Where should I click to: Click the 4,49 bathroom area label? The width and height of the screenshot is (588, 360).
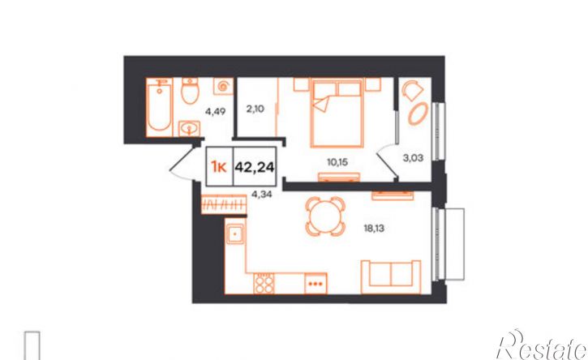tap(215, 111)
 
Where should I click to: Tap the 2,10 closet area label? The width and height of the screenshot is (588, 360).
tap(255, 109)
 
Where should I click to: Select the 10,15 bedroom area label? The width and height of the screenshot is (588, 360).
tap(337, 162)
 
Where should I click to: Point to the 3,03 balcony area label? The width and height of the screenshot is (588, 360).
tap(413, 158)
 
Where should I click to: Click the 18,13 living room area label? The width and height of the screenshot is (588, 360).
tap(374, 229)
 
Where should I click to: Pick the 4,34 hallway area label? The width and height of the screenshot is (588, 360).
tap(262, 195)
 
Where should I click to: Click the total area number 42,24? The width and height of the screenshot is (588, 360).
tap(254, 166)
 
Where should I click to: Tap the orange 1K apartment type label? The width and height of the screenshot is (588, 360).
tap(219, 166)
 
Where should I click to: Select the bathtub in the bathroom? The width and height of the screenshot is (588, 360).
tap(160, 108)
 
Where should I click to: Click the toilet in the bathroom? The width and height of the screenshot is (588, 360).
tap(190, 91)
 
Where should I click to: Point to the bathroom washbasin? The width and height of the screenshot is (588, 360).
tap(189, 129)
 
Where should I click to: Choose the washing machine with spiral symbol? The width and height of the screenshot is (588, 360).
tap(224, 87)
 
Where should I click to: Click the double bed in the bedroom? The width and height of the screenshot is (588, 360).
tap(337, 113)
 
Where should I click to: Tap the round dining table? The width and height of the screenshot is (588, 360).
tap(325, 216)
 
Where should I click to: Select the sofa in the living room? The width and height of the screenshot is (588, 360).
tap(391, 277)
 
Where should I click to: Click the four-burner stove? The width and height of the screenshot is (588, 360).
tap(264, 284)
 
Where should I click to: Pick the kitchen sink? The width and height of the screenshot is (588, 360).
tap(234, 234)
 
